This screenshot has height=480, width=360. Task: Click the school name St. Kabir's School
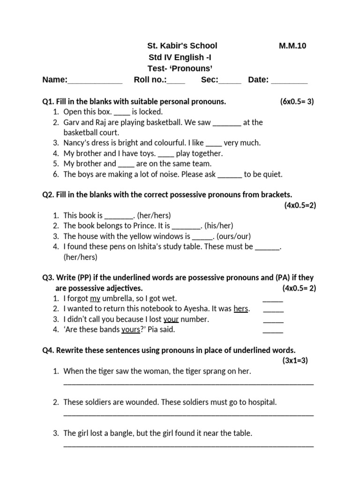tap(182, 45)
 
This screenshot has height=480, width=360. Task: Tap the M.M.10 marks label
tap(293, 45)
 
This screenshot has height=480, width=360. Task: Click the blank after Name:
tap(95, 81)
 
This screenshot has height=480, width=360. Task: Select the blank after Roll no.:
tap(176, 81)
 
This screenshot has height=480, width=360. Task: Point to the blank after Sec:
tap(230, 81)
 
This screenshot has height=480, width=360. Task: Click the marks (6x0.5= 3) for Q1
tap(297, 101)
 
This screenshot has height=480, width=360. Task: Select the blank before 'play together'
tap(166, 154)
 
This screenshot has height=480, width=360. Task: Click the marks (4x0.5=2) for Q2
tap(300, 205)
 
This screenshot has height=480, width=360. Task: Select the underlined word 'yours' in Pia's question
tap(131, 330)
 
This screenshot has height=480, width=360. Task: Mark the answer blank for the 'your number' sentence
tap(273, 320)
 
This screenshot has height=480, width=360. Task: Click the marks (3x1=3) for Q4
tap(295, 360)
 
